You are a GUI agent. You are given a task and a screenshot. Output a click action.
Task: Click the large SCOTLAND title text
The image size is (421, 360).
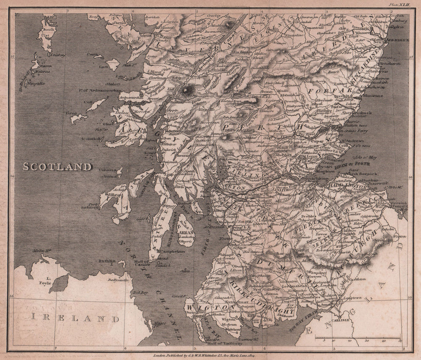pos(57,167)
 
